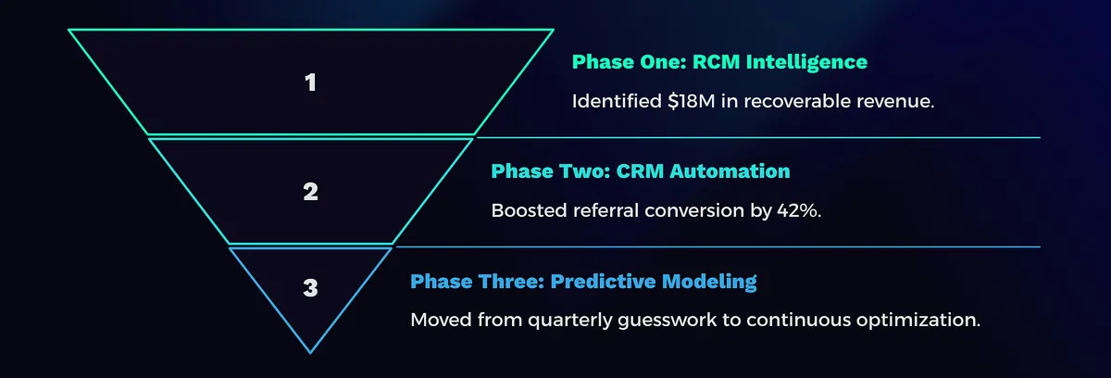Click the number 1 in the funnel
[311, 82]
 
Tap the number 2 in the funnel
[311, 192]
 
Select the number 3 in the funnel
[311, 288]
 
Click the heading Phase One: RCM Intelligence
[719, 62]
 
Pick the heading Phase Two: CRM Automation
[640, 171]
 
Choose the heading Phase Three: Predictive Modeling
[583, 281]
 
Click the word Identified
[614, 100]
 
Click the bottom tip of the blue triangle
[311, 352]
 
